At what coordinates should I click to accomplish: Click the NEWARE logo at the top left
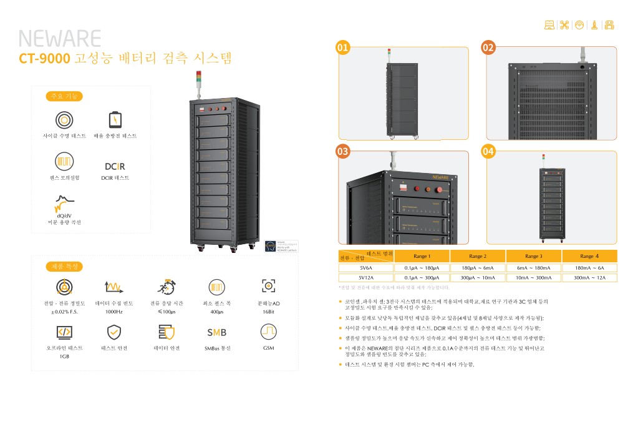point(59,39)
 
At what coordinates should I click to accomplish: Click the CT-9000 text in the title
point(44,59)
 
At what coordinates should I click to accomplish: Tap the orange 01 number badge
point(342,47)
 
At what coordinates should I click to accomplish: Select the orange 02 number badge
point(488,47)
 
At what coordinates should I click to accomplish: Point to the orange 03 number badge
point(342,151)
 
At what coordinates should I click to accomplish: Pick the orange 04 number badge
point(488,151)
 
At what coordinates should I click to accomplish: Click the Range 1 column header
point(422,256)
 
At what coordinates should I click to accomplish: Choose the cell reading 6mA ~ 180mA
point(533,268)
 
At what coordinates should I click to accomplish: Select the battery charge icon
point(115,119)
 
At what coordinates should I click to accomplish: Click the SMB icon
point(216,332)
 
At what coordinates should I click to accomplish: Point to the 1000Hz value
point(114,311)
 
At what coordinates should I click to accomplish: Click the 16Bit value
point(268,311)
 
